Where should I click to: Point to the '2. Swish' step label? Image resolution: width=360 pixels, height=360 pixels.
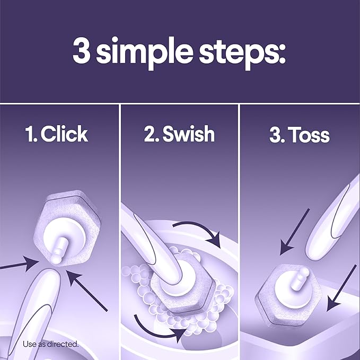pos(179,134)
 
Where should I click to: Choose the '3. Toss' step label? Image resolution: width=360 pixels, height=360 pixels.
pos(299,135)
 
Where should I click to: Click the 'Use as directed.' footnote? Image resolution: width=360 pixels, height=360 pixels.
pos(50,344)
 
